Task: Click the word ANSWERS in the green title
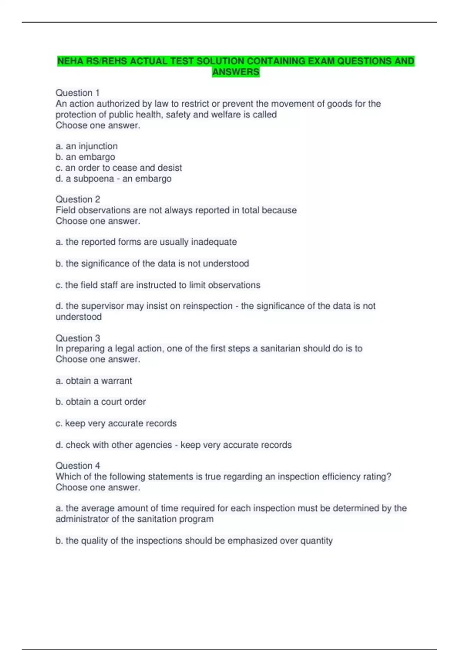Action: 236,72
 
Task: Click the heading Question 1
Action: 78,93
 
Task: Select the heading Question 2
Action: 78,199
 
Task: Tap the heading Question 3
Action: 78,338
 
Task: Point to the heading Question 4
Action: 78,466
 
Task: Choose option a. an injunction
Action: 87,146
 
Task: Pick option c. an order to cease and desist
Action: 119,168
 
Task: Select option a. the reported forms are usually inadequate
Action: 146,242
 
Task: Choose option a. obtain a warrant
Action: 94,381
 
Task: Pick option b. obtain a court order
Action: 101,402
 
